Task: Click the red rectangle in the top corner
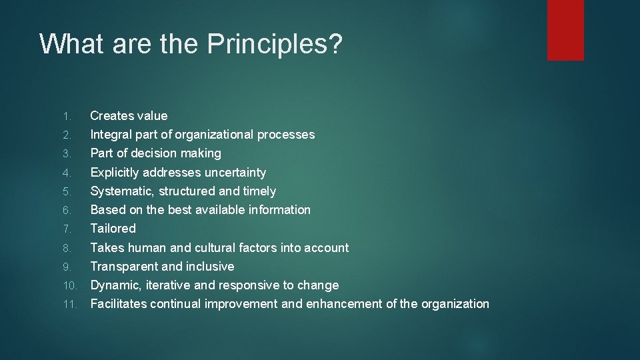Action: [565, 30]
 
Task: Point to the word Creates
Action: [111, 116]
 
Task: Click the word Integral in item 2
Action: [111, 135]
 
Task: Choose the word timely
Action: [259, 191]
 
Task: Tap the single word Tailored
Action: [113, 229]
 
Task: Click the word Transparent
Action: [124, 267]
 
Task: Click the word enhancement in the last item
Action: [343, 304]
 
